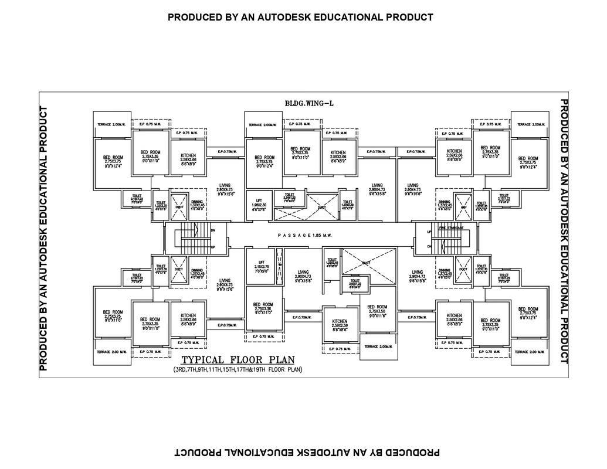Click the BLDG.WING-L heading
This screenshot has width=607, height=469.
309,103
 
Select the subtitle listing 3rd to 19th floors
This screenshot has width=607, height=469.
238,370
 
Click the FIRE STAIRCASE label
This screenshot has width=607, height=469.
451,227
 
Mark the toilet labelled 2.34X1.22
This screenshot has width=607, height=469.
289,197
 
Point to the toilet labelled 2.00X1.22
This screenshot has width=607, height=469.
354,284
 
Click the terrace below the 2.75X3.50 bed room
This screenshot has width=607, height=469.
378,346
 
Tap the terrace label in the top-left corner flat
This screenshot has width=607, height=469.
112,125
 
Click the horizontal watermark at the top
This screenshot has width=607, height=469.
300,17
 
